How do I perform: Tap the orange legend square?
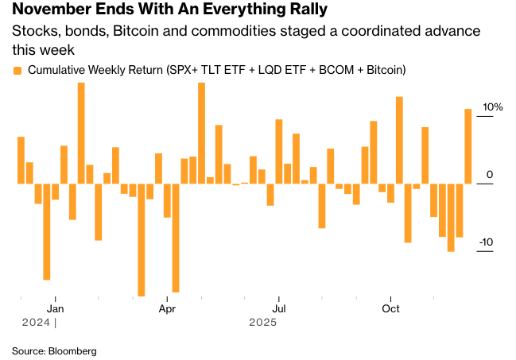coord(17,71)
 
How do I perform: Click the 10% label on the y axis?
coord(493,108)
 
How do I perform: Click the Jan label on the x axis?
coord(56,308)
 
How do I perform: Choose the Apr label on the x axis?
coord(167,308)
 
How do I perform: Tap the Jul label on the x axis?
coord(279,308)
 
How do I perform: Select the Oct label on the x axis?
coord(390,308)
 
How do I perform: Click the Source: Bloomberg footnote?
coord(54,350)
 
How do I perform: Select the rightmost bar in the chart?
coord(468,146)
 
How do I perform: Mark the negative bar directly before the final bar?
coord(460,211)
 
